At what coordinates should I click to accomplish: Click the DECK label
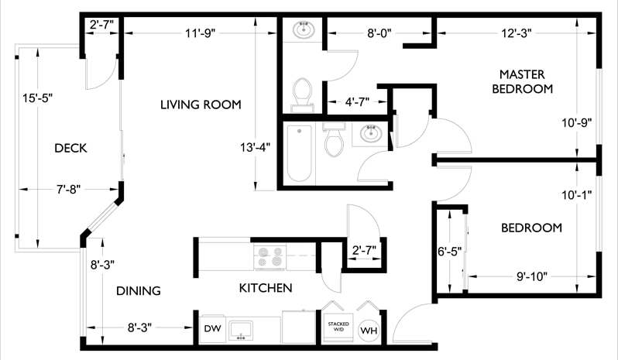tap(70, 148)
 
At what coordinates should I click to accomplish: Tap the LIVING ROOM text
tap(201, 105)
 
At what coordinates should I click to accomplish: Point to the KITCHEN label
tap(265, 289)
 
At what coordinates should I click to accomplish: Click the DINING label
tap(138, 291)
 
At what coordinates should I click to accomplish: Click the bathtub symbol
tap(298, 153)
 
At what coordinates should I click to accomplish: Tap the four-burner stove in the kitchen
tap(269, 256)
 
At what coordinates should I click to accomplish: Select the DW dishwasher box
tap(212, 329)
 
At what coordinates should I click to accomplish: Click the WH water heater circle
tap(369, 331)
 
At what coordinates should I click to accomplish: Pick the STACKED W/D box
tap(338, 326)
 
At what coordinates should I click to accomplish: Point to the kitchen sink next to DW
tap(242, 329)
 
